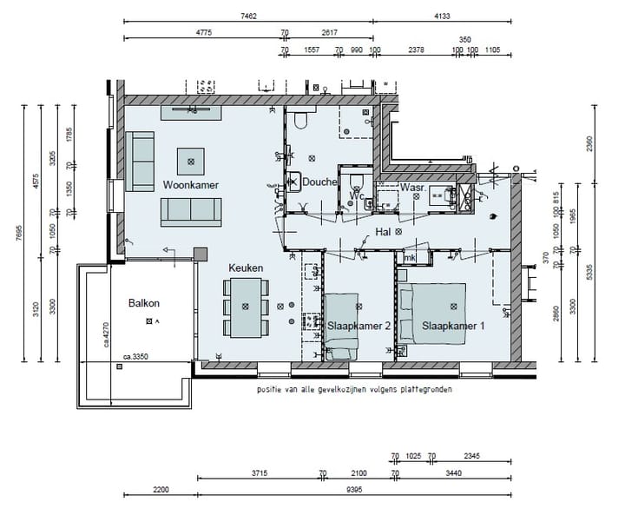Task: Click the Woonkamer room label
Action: coord(190,185)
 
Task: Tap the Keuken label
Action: coord(246,268)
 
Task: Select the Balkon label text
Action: coord(144,303)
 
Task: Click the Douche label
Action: coord(319,182)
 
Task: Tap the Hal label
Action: coord(383,232)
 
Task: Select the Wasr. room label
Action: coord(411,187)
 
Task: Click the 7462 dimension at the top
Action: coord(248,16)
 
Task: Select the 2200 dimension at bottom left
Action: coord(161,491)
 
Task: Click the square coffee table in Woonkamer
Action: coord(191,160)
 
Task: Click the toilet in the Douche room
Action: coord(300,121)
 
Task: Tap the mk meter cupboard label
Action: coord(409,258)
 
